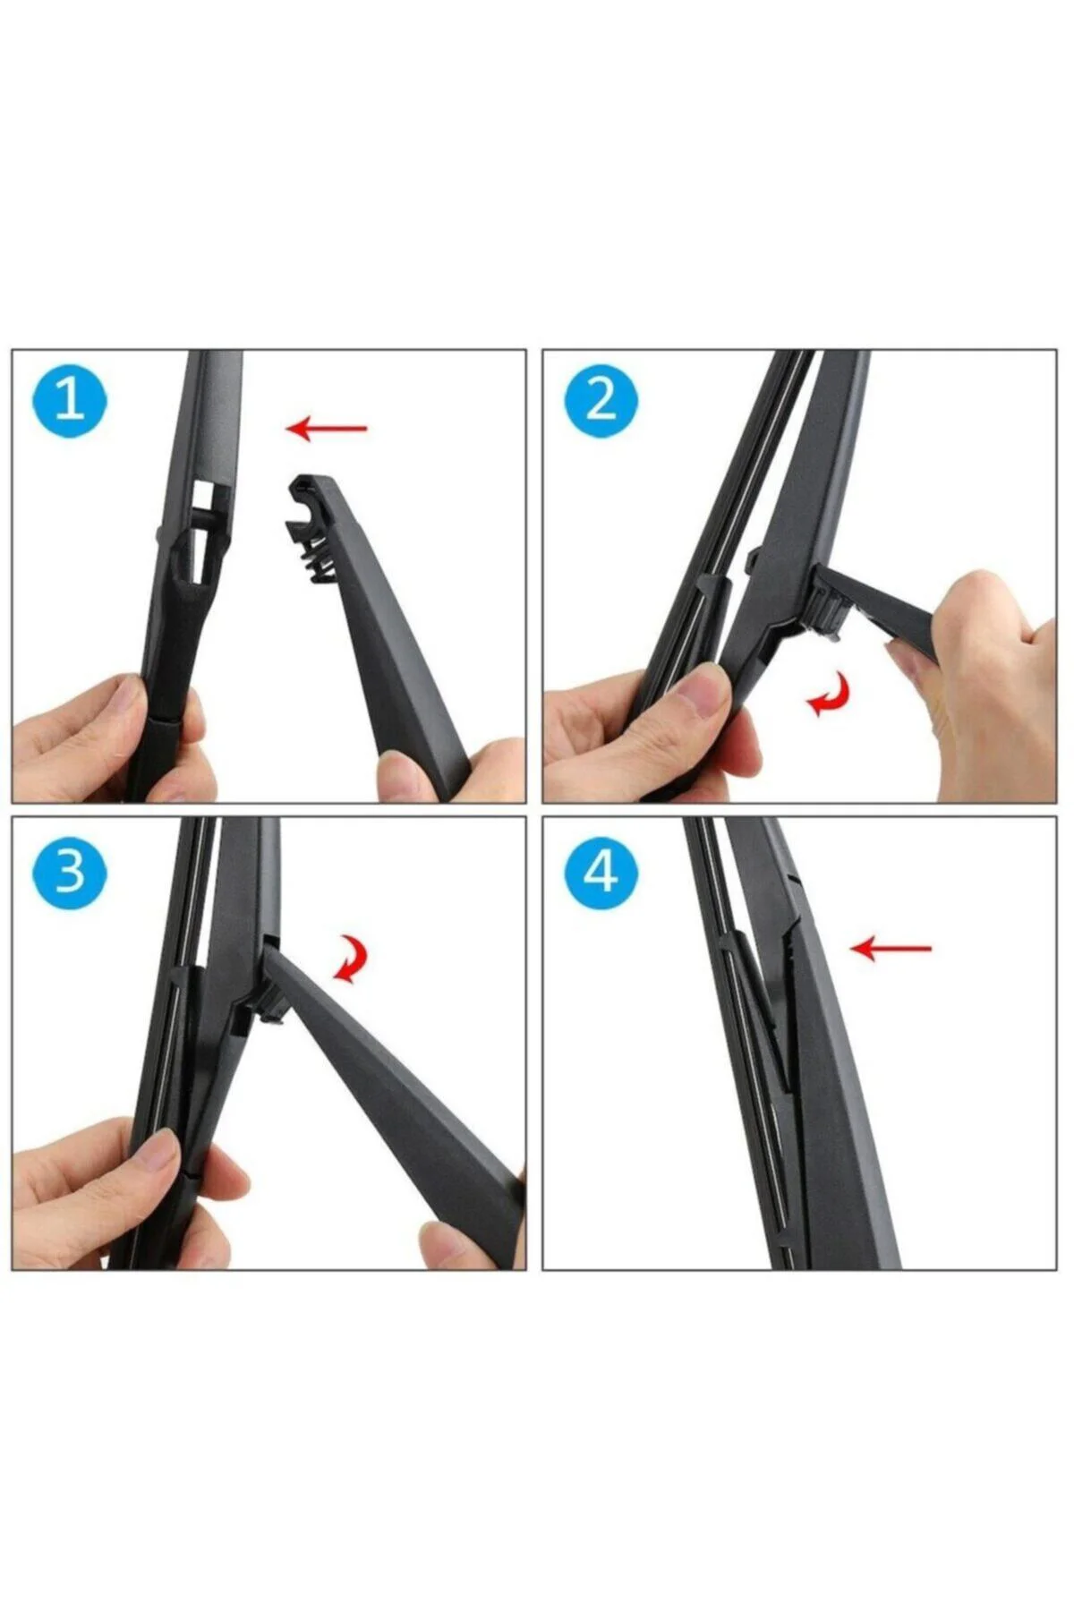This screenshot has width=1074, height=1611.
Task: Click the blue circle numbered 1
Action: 70,400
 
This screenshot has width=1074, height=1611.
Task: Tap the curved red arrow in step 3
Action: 350,959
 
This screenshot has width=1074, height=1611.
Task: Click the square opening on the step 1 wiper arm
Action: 206,494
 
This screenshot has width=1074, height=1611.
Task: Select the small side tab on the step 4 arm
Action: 791,882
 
